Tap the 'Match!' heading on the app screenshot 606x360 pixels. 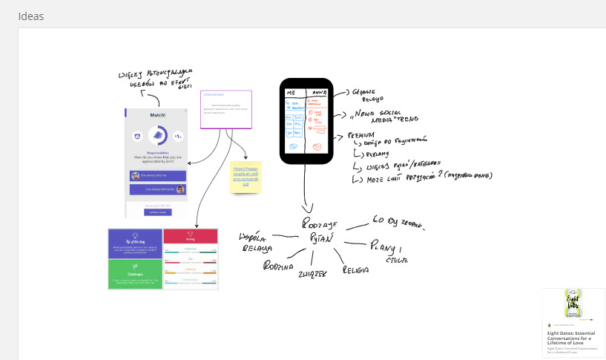(x=157, y=115)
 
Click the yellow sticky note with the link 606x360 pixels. (x=246, y=177)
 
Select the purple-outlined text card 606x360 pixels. (x=226, y=109)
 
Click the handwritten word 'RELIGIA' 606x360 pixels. (x=355, y=270)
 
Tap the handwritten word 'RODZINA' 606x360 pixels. (x=278, y=266)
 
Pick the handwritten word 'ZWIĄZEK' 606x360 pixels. (x=312, y=273)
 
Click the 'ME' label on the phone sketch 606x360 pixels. (x=292, y=92)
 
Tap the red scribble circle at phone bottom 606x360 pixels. (x=317, y=148)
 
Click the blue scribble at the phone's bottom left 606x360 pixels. (x=292, y=147)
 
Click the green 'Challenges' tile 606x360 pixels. (x=135, y=274)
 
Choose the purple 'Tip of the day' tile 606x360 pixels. (x=135, y=243)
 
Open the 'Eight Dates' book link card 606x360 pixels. (x=573, y=322)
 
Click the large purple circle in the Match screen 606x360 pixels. (x=157, y=136)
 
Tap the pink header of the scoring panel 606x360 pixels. (x=191, y=235)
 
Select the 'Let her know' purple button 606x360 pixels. (x=157, y=212)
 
